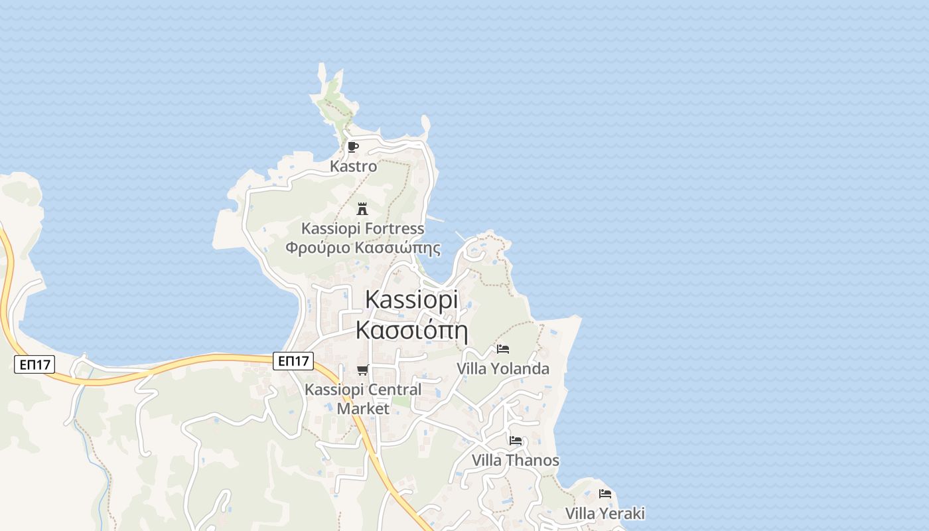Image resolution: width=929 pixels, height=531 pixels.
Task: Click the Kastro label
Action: point(353,167)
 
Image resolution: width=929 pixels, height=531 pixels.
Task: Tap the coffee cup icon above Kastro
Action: point(352,147)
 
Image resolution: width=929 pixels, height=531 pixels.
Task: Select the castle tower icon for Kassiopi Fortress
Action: point(362,209)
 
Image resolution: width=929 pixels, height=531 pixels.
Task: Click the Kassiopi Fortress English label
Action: point(362,228)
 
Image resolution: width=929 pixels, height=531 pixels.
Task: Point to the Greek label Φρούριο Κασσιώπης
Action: point(363,248)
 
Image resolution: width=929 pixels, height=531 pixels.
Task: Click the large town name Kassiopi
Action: point(411,299)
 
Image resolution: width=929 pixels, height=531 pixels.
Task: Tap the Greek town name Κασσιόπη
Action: point(411,330)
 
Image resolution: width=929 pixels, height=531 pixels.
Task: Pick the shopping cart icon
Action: point(362,370)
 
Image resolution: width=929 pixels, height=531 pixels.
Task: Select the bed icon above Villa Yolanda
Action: point(503,349)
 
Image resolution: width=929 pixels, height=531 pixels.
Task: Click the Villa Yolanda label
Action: point(503,368)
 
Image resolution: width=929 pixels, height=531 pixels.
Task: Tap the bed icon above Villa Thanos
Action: point(516,441)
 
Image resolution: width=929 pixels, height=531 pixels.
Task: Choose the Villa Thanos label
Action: point(516,460)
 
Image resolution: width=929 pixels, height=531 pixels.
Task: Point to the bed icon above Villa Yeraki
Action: point(605,494)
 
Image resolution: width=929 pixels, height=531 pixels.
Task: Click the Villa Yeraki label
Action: point(605,513)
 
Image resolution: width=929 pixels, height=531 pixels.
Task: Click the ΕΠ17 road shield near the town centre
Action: point(293,361)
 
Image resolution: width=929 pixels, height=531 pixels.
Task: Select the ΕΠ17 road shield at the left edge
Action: point(35,364)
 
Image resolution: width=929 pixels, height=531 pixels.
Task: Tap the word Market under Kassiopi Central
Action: point(363,408)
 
